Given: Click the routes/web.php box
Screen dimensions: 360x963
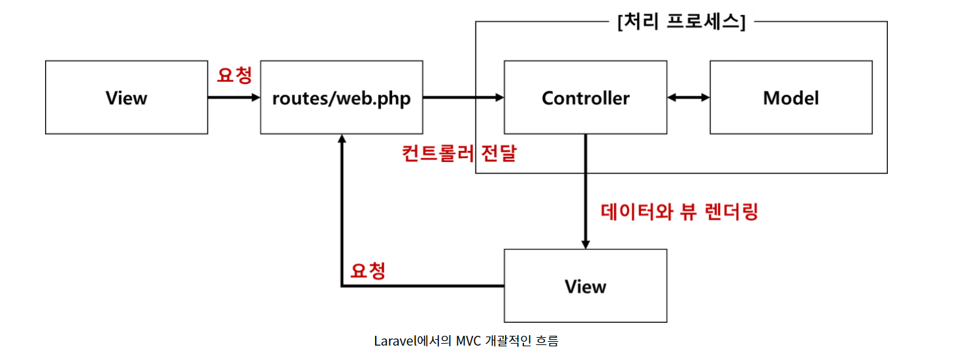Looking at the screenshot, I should pyautogui.click(x=341, y=98).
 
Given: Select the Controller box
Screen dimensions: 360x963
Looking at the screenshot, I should pyautogui.click(x=585, y=98).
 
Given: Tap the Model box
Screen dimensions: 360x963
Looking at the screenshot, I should pyautogui.click(x=791, y=98).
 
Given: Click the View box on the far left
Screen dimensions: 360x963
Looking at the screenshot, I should pyautogui.click(x=126, y=98).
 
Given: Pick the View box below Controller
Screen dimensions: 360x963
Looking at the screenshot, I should pyautogui.click(x=585, y=286).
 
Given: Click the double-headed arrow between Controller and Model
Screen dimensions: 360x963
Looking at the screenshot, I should pyautogui.click(x=689, y=98).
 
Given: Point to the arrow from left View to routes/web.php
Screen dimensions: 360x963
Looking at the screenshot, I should pyautogui.click(x=233, y=98).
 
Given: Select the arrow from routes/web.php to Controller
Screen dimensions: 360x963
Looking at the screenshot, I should pyautogui.click(x=463, y=98).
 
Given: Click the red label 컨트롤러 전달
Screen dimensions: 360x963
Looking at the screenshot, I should pyautogui.click(x=459, y=154).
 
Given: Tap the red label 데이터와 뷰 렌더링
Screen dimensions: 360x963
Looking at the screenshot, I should pyautogui.click(x=679, y=212).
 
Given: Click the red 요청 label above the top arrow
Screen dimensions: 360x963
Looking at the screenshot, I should pyautogui.click(x=234, y=75).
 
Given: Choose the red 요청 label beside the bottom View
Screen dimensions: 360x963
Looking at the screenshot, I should pyautogui.click(x=367, y=270).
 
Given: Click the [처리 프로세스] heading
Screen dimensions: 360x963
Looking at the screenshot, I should pyautogui.click(x=681, y=22).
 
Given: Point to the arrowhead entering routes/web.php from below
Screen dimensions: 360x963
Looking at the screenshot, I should pyautogui.click(x=341, y=139).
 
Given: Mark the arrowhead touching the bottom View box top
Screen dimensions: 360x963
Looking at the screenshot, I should pyautogui.click(x=585, y=244).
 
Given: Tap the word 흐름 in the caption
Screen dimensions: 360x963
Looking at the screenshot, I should pyautogui.click(x=547, y=341).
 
